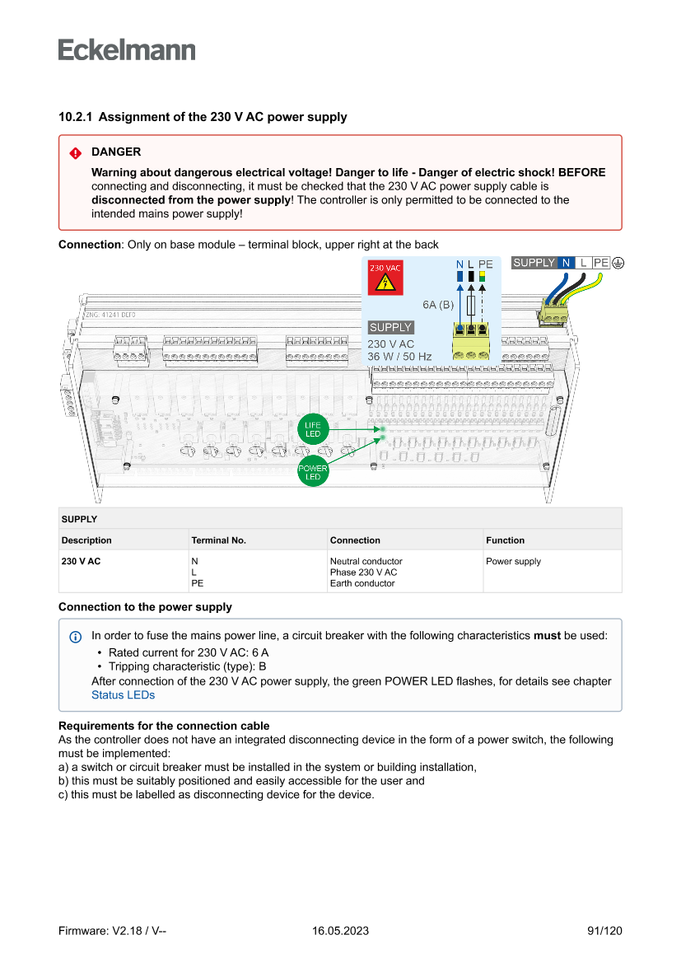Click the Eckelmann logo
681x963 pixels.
(127, 50)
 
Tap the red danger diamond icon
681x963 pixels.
(76, 152)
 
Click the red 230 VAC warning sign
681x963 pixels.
(385, 279)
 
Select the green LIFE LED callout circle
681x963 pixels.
(313, 429)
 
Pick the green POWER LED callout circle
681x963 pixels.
(313, 473)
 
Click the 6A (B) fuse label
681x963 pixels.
(438, 305)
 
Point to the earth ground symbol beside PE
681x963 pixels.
(618, 263)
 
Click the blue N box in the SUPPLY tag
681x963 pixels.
(566, 263)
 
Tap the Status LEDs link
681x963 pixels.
(123, 694)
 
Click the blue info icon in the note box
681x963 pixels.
(76, 636)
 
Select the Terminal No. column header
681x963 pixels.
(219, 540)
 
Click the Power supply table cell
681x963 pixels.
(513, 562)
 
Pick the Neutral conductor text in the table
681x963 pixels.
(366, 562)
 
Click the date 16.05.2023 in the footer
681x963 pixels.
(340, 931)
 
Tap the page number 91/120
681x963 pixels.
(604, 931)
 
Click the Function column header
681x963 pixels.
(505, 540)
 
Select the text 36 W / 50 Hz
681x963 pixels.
(399, 357)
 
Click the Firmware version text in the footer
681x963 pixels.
(113, 931)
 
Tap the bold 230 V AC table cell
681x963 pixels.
(81, 562)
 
